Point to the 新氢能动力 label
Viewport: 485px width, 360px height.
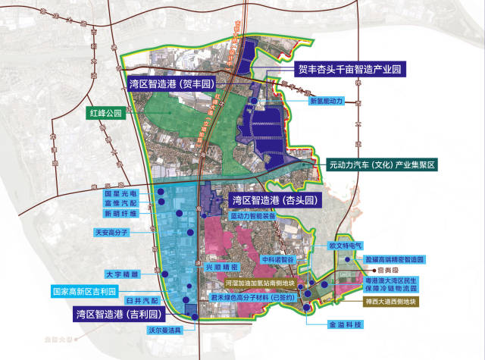(326, 100)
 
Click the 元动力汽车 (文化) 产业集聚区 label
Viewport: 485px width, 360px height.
(383, 164)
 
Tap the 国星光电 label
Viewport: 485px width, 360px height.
(120, 193)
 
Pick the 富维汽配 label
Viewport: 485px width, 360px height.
(120, 204)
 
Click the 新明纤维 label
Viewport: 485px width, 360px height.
(120, 214)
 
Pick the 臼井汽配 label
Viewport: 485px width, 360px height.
(139, 301)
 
